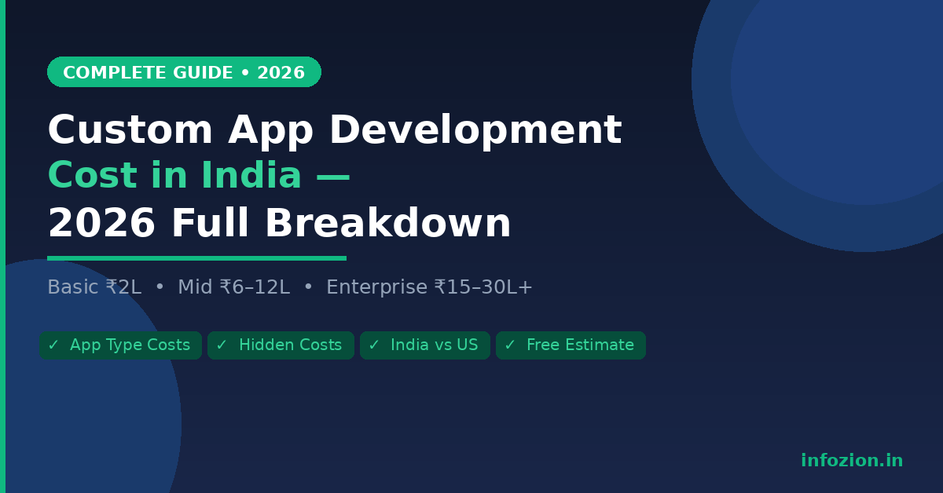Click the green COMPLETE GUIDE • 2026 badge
pos(184,72)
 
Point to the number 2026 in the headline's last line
pos(101,225)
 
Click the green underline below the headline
pos(196,257)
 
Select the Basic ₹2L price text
pos(94,287)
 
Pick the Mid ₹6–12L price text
pos(233,287)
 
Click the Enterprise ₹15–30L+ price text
pos(429,287)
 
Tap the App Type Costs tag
pos(120,345)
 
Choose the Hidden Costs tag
pos(281,345)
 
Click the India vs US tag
pos(425,345)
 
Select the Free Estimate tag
pos(571,345)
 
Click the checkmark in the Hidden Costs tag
pos(222,345)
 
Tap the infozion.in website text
pos(852,461)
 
